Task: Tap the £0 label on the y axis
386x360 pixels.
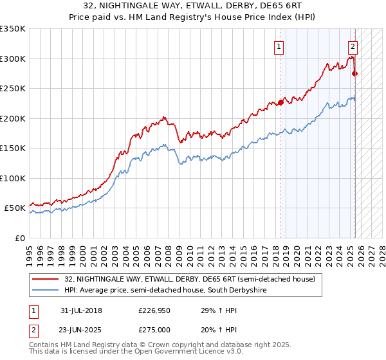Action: (20, 238)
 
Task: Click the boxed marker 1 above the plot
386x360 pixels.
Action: (279, 46)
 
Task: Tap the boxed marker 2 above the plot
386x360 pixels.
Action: (353, 46)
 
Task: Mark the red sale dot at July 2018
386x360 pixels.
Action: (280, 102)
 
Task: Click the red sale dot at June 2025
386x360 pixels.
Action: (354, 73)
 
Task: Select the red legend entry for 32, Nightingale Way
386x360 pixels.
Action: (190, 279)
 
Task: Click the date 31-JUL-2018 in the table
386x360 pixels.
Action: (80, 311)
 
